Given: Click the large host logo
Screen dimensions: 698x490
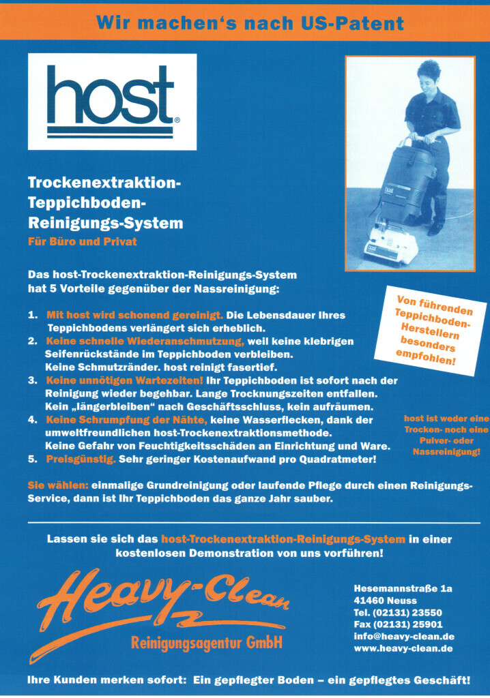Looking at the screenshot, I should [x=112, y=102].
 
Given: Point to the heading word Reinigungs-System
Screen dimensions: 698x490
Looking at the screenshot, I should [x=105, y=222].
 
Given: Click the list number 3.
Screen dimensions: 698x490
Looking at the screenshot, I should [x=32, y=380].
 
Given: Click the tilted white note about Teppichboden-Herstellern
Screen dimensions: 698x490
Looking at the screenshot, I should [x=425, y=327].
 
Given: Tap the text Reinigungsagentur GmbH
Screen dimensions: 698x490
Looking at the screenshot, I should [x=206, y=643].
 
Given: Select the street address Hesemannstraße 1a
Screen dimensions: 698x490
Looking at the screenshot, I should [x=403, y=588].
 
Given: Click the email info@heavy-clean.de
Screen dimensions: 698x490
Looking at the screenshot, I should [x=404, y=636].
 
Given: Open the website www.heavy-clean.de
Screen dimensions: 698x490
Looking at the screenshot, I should [x=403, y=648].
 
